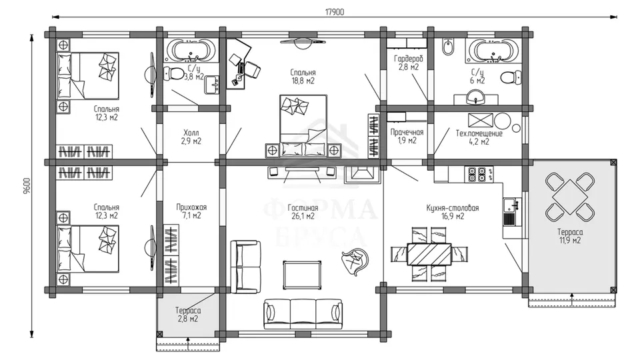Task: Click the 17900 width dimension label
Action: (x=334, y=12)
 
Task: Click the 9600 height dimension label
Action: (x=27, y=185)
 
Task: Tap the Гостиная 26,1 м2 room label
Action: (x=303, y=212)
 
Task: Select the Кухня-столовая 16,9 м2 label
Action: (x=452, y=212)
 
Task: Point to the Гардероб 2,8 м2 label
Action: (x=409, y=63)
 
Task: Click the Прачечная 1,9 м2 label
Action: (x=407, y=137)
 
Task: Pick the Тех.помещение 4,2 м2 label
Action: (x=479, y=137)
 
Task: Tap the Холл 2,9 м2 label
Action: (x=191, y=137)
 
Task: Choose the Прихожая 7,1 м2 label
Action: (x=191, y=211)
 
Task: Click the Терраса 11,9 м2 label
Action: (x=570, y=236)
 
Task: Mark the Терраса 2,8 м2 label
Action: (x=188, y=315)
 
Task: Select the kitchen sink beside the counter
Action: (x=510, y=212)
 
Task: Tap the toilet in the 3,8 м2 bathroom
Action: (x=173, y=74)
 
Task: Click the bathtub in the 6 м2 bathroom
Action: (x=494, y=51)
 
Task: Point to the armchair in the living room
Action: (x=354, y=261)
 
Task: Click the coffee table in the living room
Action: (x=301, y=275)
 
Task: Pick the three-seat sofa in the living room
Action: (x=303, y=313)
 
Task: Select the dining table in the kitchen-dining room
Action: (x=429, y=254)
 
